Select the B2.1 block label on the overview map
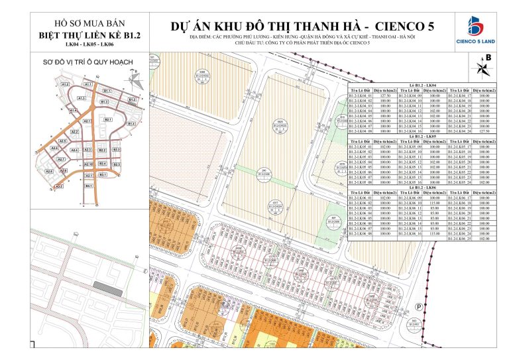coord(107,119)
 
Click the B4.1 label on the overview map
coord(88,186)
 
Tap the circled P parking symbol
coord(419,306)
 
